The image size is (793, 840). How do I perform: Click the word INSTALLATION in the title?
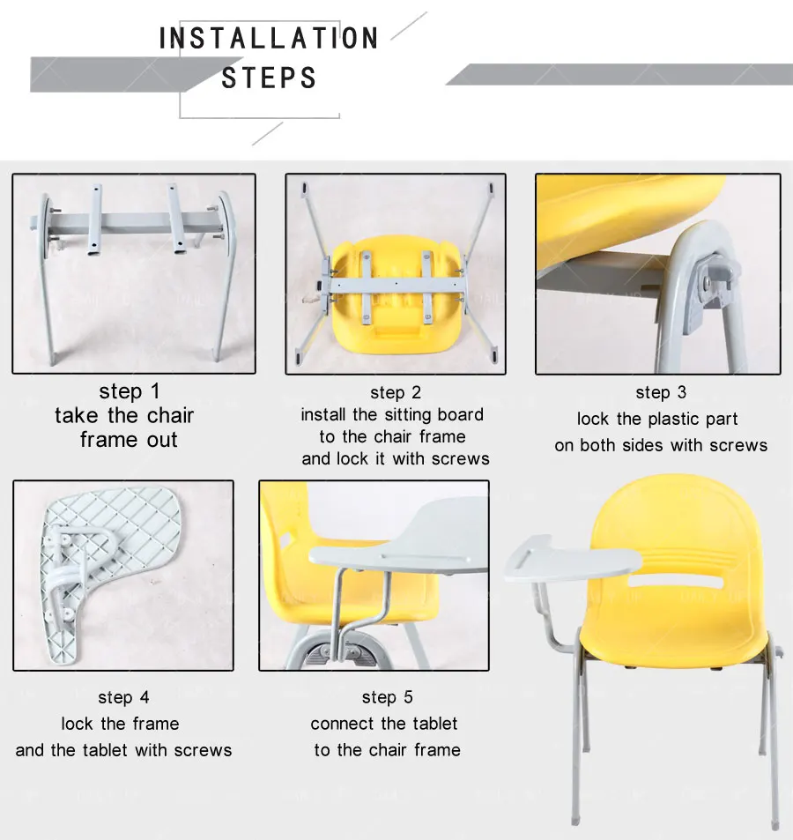[269, 38]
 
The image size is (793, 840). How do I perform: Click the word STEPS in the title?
[269, 78]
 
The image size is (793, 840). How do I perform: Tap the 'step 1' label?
[130, 391]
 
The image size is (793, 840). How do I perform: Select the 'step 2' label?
[396, 393]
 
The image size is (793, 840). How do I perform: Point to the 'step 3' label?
[661, 393]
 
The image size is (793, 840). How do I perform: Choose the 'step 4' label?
[123, 697]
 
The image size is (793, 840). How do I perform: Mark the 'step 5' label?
[387, 697]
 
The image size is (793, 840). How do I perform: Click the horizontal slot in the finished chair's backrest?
[674, 581]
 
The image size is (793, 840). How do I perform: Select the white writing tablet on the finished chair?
[572, 560]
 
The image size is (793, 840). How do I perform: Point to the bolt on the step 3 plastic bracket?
[708, 280]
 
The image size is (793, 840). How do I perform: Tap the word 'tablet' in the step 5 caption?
[434, 724]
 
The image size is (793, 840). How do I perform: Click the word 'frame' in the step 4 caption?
[156, 724]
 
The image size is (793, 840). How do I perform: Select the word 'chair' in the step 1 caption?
[170, 416]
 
